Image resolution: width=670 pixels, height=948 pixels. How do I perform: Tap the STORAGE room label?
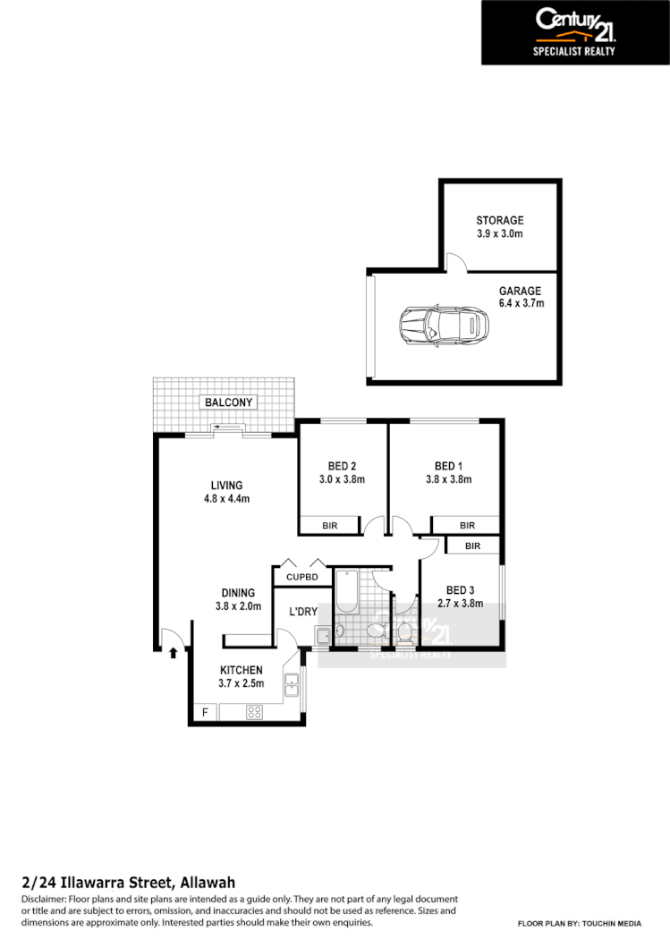click(x=499, y=220)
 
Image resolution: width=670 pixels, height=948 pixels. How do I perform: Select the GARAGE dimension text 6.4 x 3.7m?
click(x=520, y=304)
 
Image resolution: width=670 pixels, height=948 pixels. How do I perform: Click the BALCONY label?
click(x=228, y=402)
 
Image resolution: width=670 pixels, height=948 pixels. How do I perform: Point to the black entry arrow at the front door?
click(x=173, y=651)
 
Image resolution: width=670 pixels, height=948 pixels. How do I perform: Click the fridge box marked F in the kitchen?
click(x=205, y=713)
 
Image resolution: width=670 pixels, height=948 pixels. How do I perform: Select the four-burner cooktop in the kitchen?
click(x=254, y=713)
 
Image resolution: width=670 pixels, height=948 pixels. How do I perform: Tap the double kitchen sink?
click(x=292, y=686)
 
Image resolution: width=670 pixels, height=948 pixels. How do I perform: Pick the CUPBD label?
click(x=302, y=578)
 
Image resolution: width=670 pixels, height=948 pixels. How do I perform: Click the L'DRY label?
click(x=303, y=612)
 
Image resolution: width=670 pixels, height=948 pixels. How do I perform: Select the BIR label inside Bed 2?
click(x=329, y=526)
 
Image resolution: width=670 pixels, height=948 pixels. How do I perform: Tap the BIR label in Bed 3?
click(x=472, y=546)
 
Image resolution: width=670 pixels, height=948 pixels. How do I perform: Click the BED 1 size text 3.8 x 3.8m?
click(x=448, y=479)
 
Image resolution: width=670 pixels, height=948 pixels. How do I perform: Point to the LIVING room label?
click(x=226, y=486)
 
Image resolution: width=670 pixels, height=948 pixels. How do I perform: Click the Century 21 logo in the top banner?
click(x=574, y=24)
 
